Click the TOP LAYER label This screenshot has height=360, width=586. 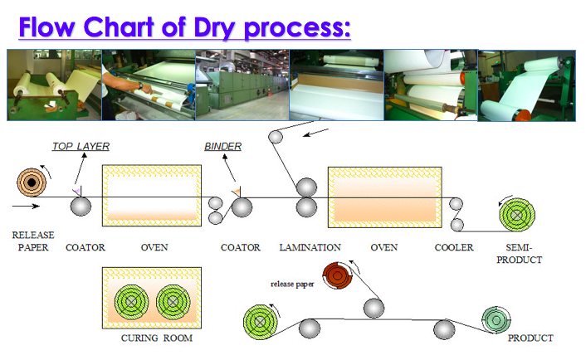[x=81, y=146]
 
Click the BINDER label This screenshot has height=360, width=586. [x=222, y=146]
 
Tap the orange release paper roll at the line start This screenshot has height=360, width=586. [x=32, y=182]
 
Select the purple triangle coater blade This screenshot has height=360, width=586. [x=77, y=192]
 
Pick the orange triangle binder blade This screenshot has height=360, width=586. [x=237, y=192]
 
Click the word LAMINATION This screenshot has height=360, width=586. [x=310, y=247]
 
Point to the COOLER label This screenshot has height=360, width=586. [x=454, y=247]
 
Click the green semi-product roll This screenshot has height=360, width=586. [x=517, y=215]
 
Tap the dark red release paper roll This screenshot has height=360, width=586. [x=338, y=275]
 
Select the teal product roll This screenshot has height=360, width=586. [x=496, y=319]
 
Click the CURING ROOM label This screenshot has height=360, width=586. [x=157, y=338]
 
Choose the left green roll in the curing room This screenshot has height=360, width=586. [x=131, y=301]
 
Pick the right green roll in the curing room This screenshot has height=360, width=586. [x=173, y=301]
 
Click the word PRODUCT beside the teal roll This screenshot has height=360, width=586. [x=530, y=338]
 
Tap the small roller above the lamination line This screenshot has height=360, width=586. [x=276, y=137]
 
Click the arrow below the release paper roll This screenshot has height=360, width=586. [x=26, y=206]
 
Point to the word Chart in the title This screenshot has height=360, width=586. [x=119, y=27]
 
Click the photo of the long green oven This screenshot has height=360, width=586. [x=242, y=85]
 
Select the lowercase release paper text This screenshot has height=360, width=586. [x=292, y=285]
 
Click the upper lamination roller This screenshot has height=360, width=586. [x=306, y=187]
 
